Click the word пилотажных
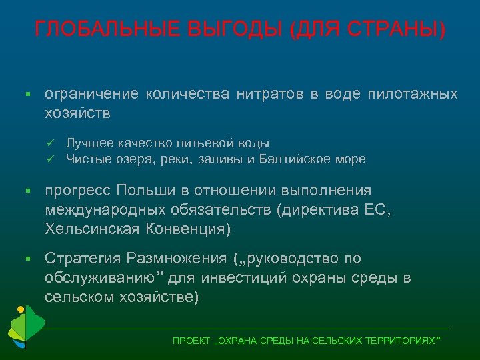[x=413, y=94]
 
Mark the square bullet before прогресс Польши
[x=29, y=192]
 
